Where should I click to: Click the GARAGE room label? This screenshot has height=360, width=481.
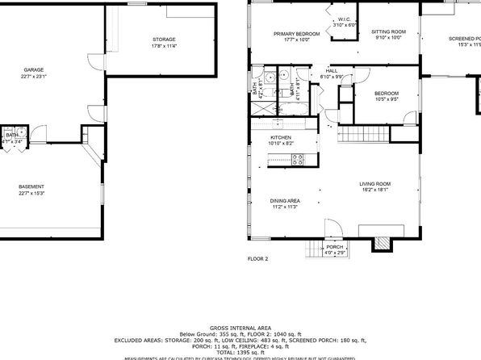(33, 70)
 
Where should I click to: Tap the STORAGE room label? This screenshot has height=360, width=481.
(165, 40)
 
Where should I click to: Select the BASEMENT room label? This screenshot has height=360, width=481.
(31, 186)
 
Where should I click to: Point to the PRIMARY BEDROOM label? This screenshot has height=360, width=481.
(296, 33)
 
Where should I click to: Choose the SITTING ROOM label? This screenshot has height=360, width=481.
(388, 33)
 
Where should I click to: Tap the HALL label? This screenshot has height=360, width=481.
(331, 71)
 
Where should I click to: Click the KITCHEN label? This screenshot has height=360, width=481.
(280, 138)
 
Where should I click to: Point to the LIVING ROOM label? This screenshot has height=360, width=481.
(374, 185)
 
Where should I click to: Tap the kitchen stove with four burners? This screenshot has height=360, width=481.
(296, 159)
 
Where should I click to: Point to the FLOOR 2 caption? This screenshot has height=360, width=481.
(257, 260)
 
